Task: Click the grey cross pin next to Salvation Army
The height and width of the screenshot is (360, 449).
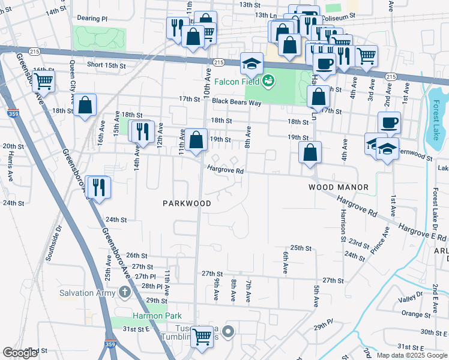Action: pyautogui.click(x=124, y=292)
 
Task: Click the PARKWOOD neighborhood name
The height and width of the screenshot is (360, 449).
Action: pyautogui.click(x=187, y=203)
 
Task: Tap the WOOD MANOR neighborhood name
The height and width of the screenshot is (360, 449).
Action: pyautogui.click(x=338, y=188)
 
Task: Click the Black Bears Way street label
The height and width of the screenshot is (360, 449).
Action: pyautogui.click(x=238, y=103)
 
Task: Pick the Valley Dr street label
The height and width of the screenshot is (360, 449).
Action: pyautogui.click(x=412, y=299)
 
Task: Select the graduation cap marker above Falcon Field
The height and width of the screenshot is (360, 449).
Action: pyautogui.click(x=252, y=62)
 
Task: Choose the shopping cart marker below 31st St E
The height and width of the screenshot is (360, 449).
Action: pyautogui.click(x=202, y=337)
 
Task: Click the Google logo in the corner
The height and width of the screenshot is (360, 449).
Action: pyautogui.click(x=20, y=353)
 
